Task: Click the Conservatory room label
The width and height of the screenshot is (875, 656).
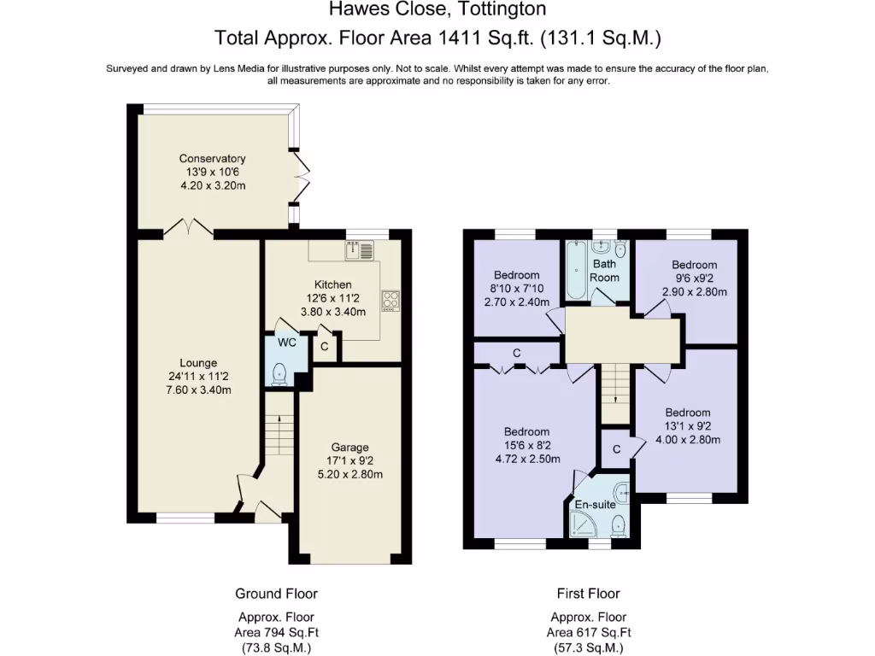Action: click(212, 158)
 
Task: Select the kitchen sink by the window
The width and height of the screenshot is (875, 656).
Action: click(360, 250)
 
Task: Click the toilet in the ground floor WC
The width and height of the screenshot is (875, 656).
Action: click(277, 373)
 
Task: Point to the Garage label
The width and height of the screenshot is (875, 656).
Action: click(350, 447)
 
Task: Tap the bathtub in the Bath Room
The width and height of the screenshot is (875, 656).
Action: click(574, 270)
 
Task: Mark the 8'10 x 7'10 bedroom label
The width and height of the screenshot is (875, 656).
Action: click(516, 275)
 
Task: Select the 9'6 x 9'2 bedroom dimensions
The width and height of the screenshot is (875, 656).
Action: click(694, 291)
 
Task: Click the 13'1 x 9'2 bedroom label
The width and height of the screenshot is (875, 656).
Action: click(688, 413)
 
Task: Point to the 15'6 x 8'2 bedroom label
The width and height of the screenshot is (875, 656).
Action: click(526, 431)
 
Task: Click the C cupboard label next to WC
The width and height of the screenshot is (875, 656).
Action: click(325, 347)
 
